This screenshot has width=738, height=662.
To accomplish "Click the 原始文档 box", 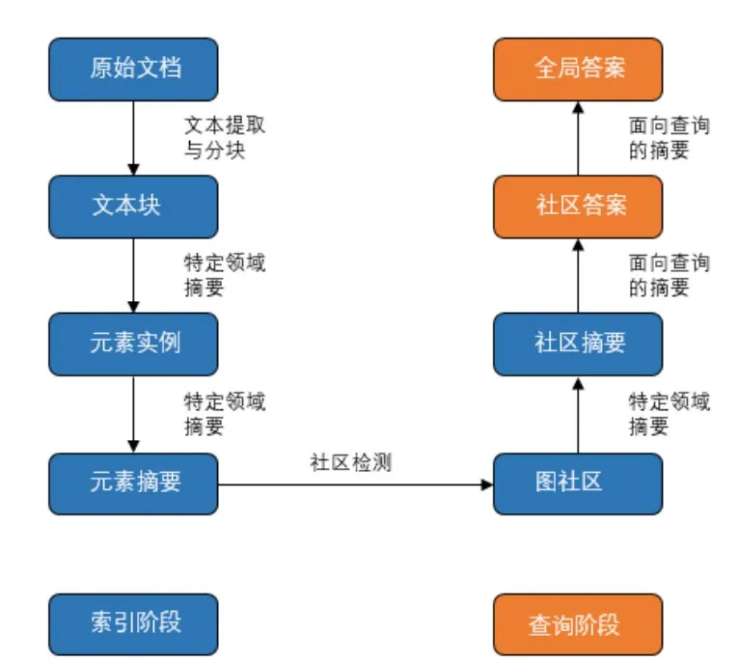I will tap(134, 69).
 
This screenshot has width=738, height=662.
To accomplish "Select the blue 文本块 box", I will tap(134, 207).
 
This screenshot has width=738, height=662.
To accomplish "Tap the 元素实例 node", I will tap(134, 344).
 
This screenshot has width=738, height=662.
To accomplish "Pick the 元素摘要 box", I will tap(134, 481).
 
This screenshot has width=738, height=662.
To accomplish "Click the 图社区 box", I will tap(577, 481).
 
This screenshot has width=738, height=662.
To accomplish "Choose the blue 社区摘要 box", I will tap(577, 344).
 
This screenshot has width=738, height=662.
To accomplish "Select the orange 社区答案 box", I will tap(577, 207).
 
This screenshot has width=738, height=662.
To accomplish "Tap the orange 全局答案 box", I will tap(577, 69).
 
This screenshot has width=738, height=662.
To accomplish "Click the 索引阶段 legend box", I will tap(134, 623).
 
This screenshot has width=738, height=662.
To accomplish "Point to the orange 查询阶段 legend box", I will tap(577, 623).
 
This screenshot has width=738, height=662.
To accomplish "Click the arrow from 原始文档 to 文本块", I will tap(134, 138).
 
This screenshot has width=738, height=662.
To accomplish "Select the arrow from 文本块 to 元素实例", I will tap(134, 275).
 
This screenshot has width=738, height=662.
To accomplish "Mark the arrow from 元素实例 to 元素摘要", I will tap(134, 412).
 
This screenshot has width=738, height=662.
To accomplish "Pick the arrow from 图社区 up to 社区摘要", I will tap(577, 412).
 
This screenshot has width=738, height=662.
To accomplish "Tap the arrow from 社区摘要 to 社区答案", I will tap(577, 275).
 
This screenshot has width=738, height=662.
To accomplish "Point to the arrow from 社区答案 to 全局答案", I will tap(577, 138).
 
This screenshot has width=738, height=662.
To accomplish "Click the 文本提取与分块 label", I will tap(224, 138).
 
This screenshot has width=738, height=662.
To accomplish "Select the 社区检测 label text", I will tap(349, 461).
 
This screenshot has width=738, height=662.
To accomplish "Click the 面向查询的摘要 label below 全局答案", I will tap(668, 138).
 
